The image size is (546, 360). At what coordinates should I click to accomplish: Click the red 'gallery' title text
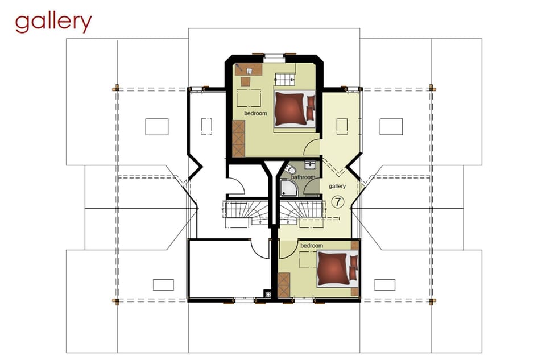(x=53, y=23)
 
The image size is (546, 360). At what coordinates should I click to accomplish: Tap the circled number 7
(x=337, y=202)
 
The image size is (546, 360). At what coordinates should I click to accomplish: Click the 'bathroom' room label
(x=303, y=177)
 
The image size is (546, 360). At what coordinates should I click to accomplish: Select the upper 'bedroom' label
(x=255, y=114)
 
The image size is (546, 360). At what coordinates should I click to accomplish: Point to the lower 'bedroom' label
(x=312, y=246)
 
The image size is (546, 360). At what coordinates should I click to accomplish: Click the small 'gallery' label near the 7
(x=337, y=187)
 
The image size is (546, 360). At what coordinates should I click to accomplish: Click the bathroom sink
(x=310, y=164)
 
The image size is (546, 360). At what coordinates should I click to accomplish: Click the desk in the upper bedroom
(x=249, y=69)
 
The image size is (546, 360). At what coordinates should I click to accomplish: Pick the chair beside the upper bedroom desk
(x=246, y=81)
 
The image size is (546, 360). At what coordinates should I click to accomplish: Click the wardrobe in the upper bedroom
(x=238, y=139)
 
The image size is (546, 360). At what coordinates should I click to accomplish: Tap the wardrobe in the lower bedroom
(x=284, y=285)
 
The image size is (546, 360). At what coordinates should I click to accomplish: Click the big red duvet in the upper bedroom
(x=291, y=108)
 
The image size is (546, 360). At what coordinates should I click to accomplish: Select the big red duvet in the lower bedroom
(x=333, y=269)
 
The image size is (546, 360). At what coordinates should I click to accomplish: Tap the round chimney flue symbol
(x=268, y=295)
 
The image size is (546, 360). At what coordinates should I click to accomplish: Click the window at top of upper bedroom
(x=274, y=56)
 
